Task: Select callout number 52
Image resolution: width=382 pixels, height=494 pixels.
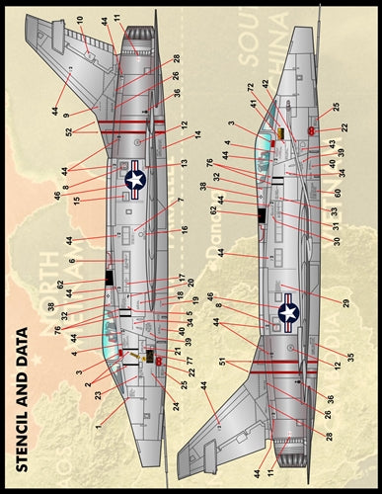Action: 69,132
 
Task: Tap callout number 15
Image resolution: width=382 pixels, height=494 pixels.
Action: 77,200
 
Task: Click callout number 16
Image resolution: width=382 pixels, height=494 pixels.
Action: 184,229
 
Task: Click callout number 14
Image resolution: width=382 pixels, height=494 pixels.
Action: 196,135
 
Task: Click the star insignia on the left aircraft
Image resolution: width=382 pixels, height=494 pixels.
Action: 136,179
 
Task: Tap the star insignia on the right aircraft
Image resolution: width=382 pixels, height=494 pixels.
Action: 287,314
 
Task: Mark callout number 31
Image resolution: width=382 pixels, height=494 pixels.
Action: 336,225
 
